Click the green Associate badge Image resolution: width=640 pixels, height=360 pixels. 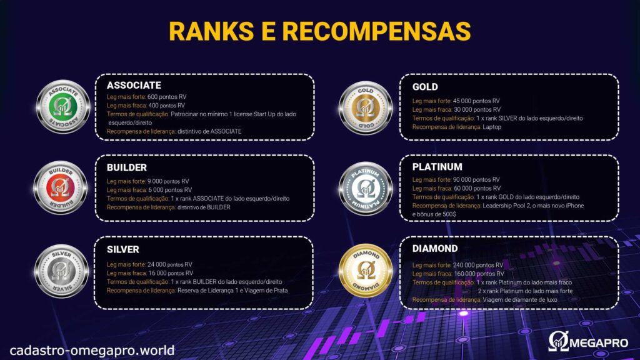click(x=63, y=106)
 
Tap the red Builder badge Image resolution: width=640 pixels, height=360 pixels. click(x=60, y=187)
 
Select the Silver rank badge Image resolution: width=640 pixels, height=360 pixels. click(x=61, y=271)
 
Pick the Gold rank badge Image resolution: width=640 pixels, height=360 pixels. click(x=365, y=107)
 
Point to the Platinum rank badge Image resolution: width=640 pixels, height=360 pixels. click(x=365, y=189)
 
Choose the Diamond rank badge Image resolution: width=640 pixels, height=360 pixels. click(x=365, y=270)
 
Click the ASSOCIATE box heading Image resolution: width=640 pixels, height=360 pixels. click(x=134, y=85)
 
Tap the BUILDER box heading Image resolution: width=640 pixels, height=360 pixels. click(x=126, y=167)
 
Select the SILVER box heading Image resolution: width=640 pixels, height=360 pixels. click(x=123, y=249)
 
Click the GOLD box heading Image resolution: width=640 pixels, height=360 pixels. click(x=425, y=87)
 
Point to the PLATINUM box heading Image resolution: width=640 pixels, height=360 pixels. click(x=437, y=167)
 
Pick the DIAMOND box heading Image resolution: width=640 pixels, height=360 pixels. click(x=435, y=249)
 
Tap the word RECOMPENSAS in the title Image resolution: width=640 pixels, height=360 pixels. click(x=376, y=31)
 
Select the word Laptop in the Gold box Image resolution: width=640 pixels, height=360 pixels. click(x=492, y=127)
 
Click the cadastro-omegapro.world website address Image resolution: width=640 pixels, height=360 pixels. click(x=92, y=350)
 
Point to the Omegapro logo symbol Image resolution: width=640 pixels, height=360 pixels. click(x=558, y=341)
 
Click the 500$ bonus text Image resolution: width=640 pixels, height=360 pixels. click(x=449, y=214)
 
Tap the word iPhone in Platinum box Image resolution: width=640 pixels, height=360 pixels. click(x=574, y=206)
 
